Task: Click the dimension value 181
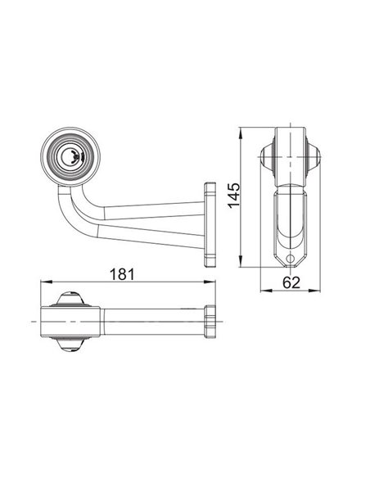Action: (122, 274)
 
